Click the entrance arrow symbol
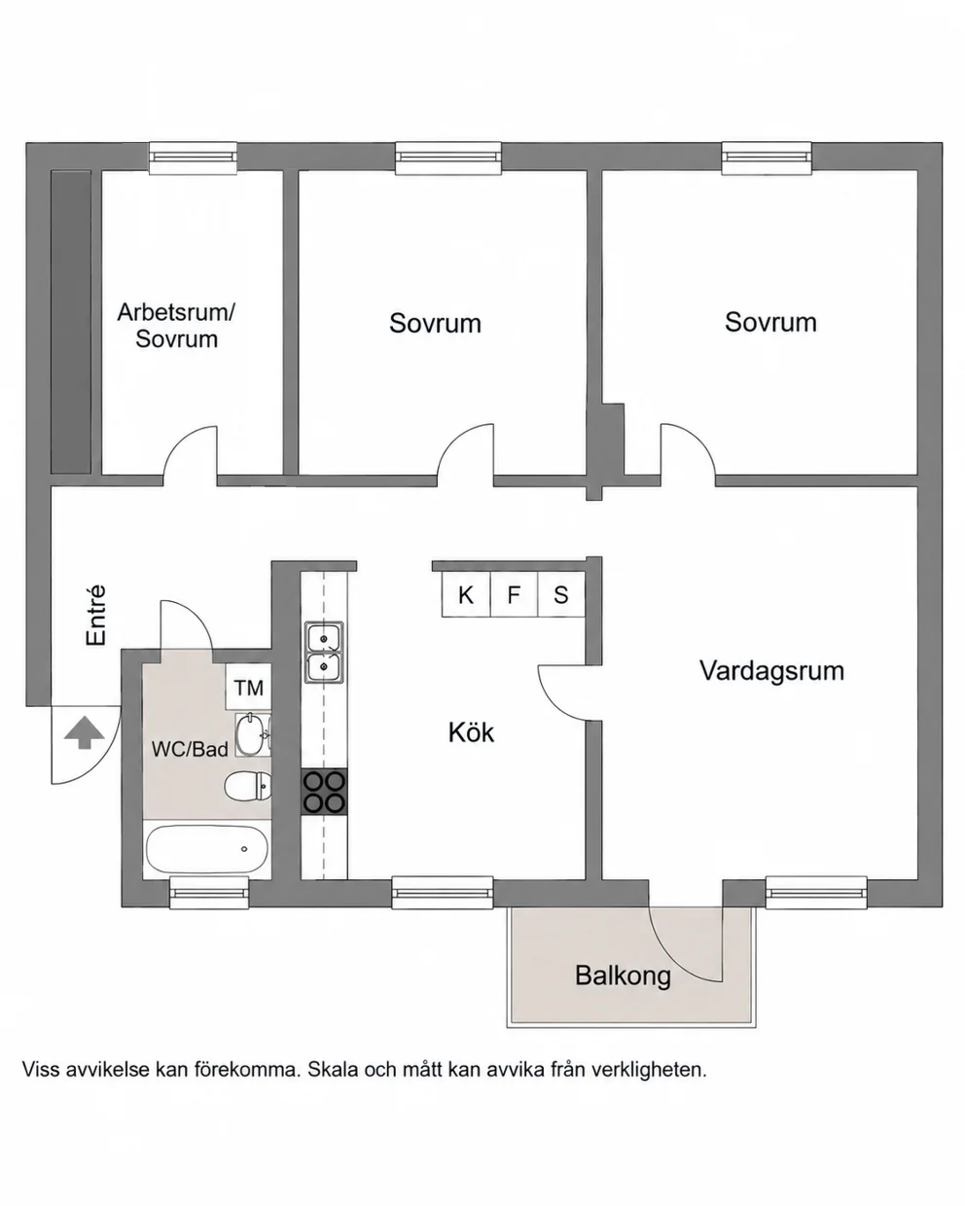coord(84,732)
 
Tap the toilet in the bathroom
coord(248,786)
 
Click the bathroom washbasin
coord(253,734)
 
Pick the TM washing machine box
coord(248,687)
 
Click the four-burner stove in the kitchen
coord(324,792)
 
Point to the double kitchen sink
coord(324,653)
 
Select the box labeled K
coord(466,594)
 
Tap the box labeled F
coord(514,594)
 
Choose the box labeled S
coord(561,594)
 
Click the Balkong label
coord(623,975)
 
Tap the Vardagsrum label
coord(771,670)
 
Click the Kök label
coord(471,732)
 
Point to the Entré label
coord(96,616)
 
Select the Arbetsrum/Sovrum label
coord(176,326)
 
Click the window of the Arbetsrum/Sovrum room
coord(193,157)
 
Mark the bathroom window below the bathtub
coord(209,893)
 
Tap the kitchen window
coord(443,893)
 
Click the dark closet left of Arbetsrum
coord(71,322)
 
